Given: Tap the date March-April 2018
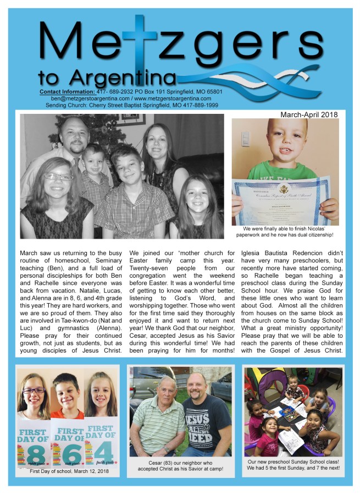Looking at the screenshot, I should pos(309,115).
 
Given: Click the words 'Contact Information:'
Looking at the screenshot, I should pos(67,91).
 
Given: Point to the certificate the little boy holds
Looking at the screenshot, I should pos(281,200).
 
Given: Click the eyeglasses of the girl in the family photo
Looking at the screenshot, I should pos(59,177).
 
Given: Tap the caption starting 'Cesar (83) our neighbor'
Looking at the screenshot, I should pos(180,464).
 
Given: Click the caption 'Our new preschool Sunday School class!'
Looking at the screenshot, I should pos(293,462).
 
